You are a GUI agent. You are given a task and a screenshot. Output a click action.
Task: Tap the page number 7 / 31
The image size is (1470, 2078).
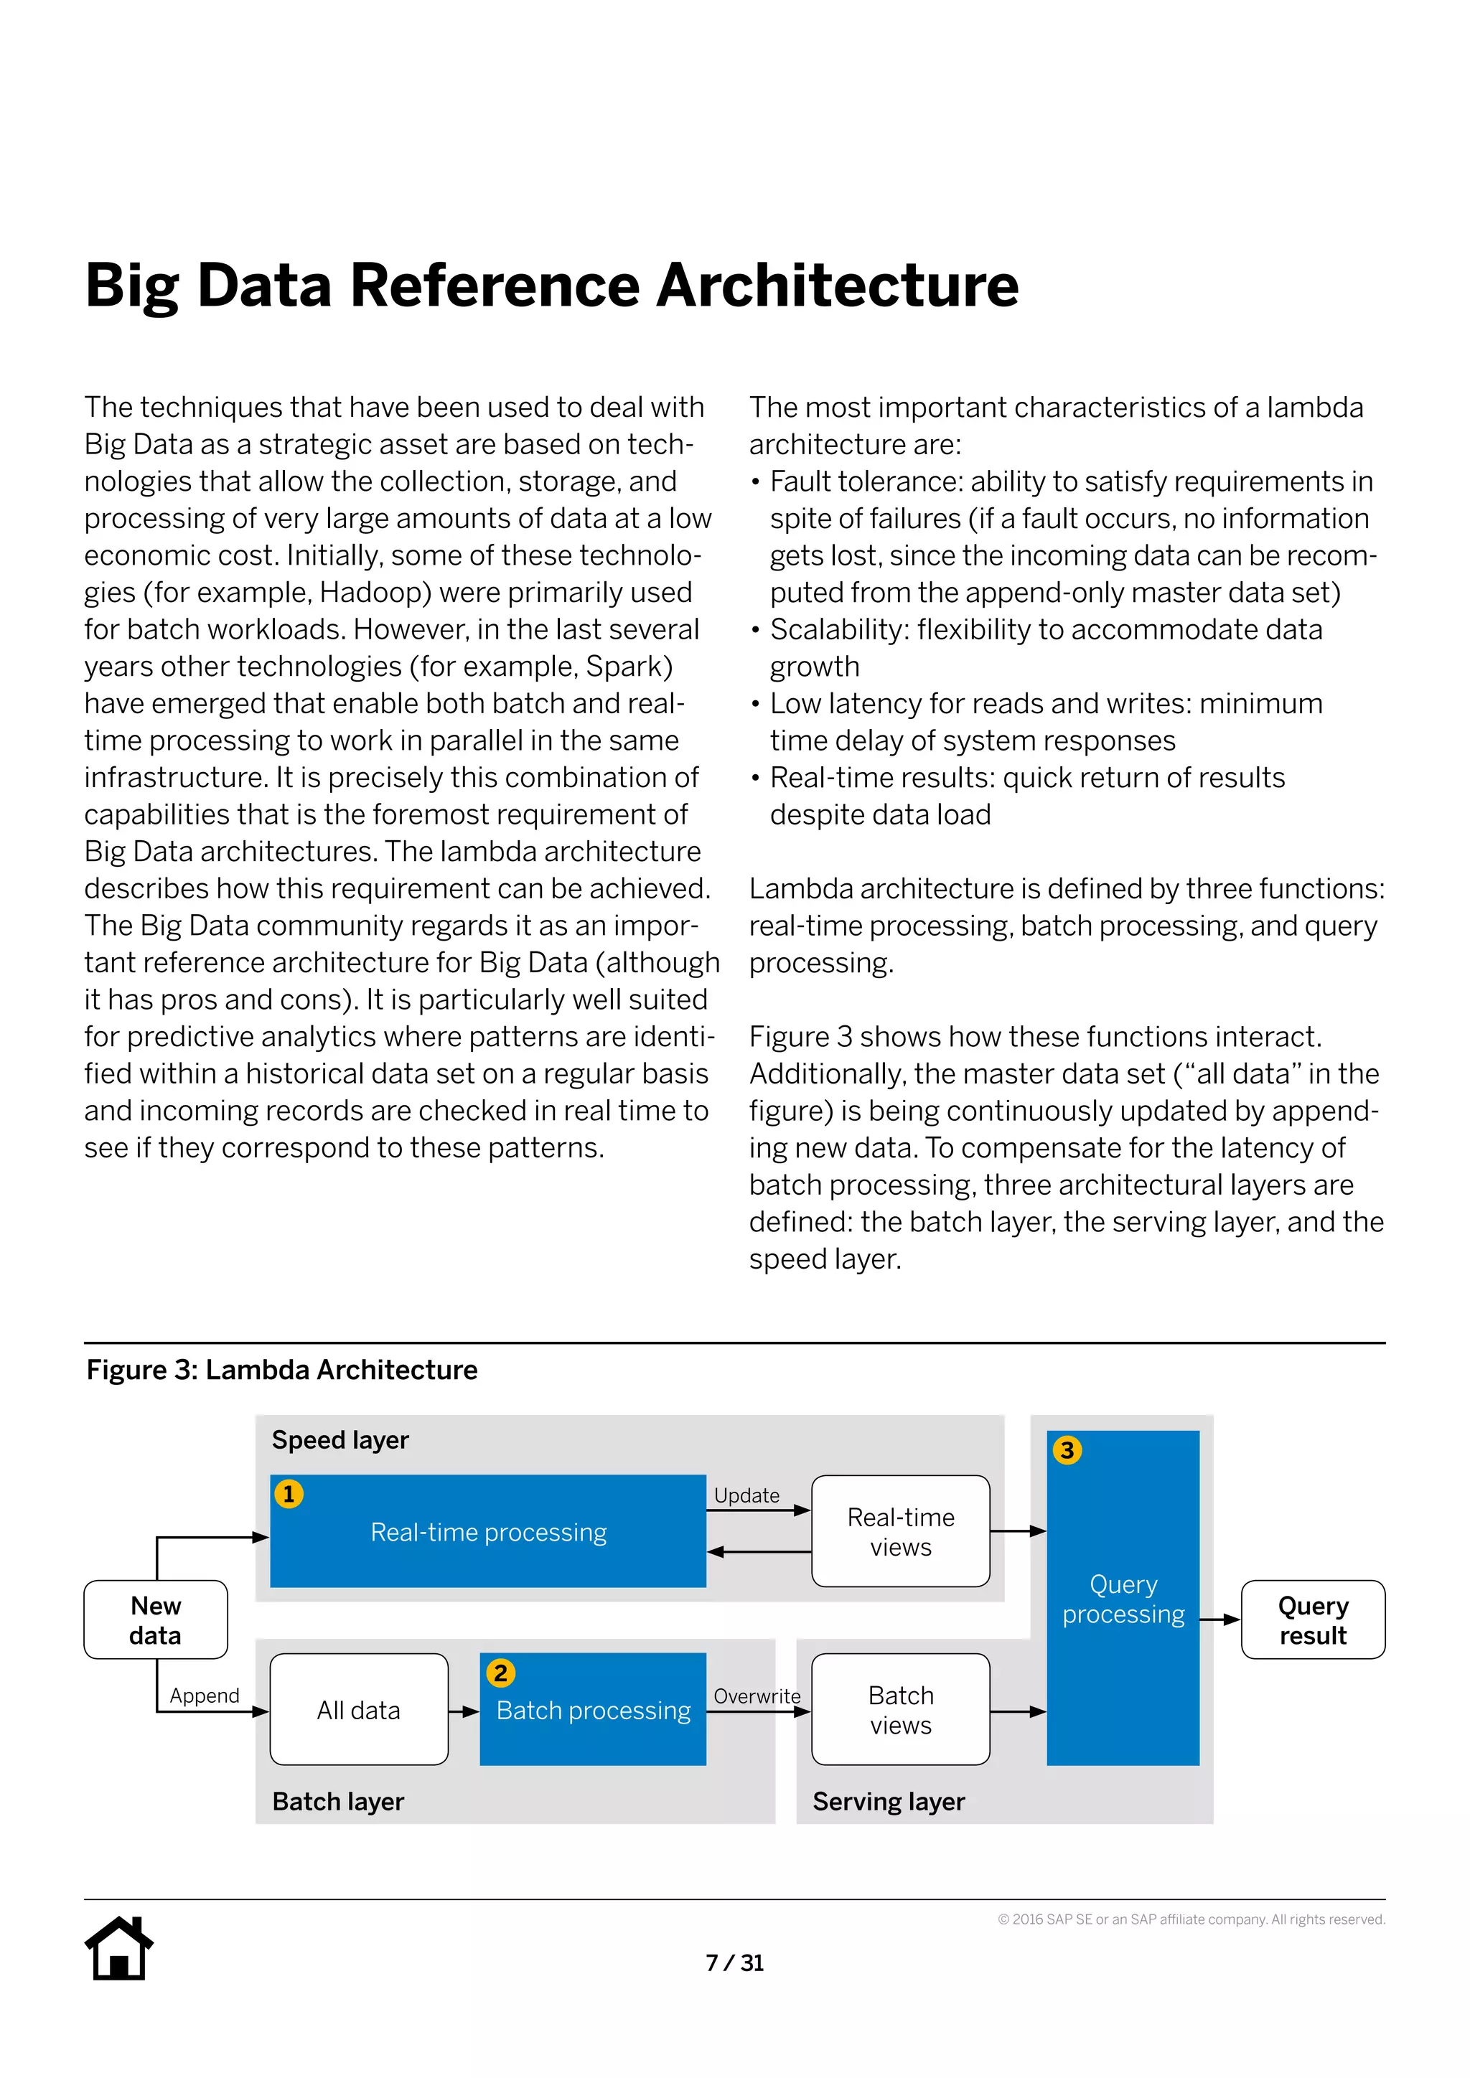point(734,1962)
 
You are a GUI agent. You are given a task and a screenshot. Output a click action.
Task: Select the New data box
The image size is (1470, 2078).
point(156,1619)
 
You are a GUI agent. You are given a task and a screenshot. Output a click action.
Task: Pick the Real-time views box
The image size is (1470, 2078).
point(900,1531)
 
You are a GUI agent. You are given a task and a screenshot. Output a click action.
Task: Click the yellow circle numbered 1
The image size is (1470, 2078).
point(289,1493)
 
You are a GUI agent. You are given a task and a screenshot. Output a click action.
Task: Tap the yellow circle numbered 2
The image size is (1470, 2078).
point(500,1672)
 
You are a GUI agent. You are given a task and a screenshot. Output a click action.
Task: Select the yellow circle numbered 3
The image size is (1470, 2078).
point(1067,1450)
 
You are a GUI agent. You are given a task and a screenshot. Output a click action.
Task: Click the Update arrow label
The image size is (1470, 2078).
point(746,1495)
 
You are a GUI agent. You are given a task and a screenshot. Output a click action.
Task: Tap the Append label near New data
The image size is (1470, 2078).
point(205,1694)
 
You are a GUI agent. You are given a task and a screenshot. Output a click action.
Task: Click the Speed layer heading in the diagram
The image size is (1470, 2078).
point(340,1439)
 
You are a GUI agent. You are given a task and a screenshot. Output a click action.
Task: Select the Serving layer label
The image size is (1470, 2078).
point(888,1801)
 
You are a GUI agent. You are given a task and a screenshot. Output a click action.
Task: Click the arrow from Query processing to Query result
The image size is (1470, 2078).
point(1220,1619)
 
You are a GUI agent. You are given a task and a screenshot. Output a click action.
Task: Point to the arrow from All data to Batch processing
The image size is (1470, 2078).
point(464,1711)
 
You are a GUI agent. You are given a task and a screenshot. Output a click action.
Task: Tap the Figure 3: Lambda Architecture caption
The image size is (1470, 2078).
point(281,1369)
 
